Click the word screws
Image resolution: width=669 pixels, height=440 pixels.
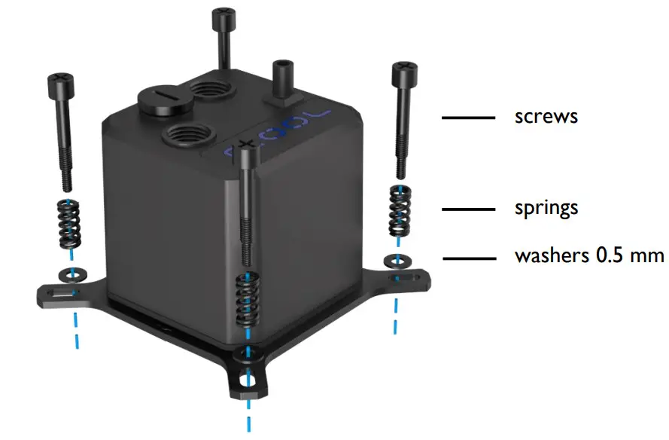coord(546,118)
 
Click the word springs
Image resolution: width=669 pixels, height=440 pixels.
coord(546,208)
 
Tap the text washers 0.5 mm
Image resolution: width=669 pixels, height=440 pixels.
coord(589,256)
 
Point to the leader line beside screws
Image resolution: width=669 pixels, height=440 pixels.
coord(469,118)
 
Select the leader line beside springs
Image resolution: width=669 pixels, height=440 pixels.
coord(469,209)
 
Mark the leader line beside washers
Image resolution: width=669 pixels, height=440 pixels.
coord(469,257)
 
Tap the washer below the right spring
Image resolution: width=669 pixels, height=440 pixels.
coord(394,261)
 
